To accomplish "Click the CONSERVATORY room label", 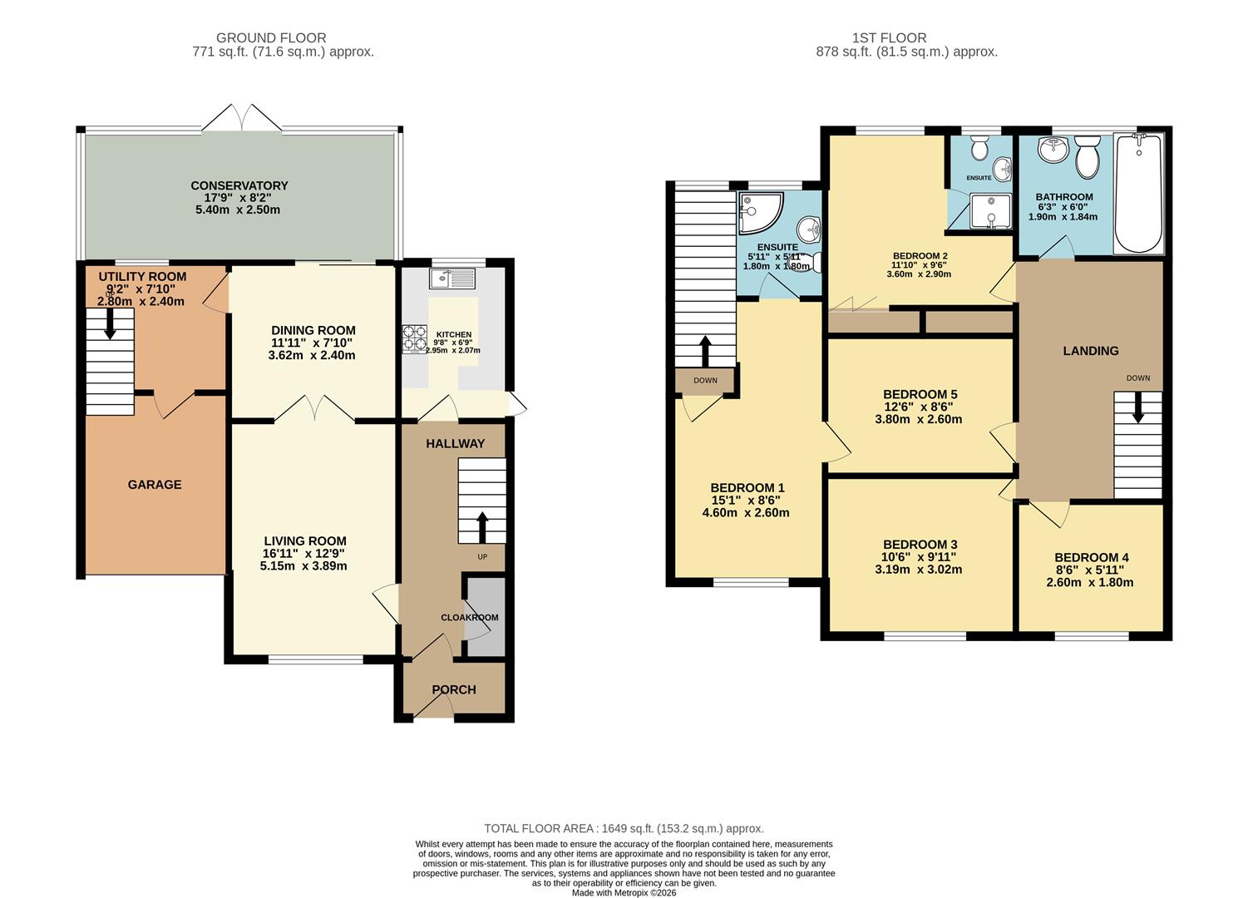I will pyautogui.click(x=239, y=185).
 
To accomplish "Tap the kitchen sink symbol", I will pyautogui.click(x=451, y=278).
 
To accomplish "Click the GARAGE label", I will pyautogui.click(x=155, y=484).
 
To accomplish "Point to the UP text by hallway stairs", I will pyautogui.click(x=482, y=556).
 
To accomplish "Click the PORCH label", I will pyautogui.click(x=454, y=689).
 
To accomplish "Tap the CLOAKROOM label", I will pyautogui.click(x=470, y=618).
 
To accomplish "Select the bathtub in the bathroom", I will pyautogui.click(x=1138, y=193).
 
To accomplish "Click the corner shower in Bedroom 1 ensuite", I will pyautogui.click(x=758, y=214).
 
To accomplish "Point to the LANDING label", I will pyautogui.click(x=1090, y=351).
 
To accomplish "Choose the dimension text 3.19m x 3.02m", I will pyautogui.click(x=919, y=570).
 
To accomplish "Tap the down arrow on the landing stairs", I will pyautogui.click(x=1137, y=407).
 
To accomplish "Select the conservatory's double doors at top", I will pyautogui.click(x=241, y=118).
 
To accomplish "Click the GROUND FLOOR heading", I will pyautogui.click(x=271, y=37).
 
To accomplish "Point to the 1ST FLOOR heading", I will pyautogui.click(x=889, y=37).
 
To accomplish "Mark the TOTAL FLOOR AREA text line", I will pyautogui.click(x=624, y=828).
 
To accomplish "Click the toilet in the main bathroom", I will pyautogui.click(x=1087, y=157).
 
